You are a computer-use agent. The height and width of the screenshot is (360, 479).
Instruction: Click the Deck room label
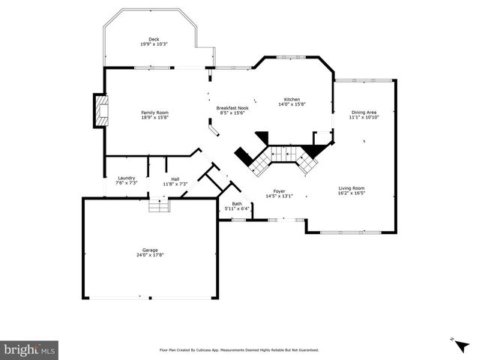pos(154,39)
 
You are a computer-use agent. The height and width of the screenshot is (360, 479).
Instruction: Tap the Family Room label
pos(155,112)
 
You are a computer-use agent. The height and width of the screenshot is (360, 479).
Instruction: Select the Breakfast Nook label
pos(232,108)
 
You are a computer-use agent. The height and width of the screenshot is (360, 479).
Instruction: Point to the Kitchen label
pos(292,100)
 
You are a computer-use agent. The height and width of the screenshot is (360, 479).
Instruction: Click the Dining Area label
pos(364,112)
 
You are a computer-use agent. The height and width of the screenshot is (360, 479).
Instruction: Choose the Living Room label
pos(351,188)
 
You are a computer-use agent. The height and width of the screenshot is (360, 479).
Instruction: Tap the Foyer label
pos(279,191)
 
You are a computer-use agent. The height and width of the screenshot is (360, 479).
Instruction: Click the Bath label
pos(237,203)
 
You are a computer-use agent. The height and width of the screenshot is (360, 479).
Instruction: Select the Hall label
pos(175,178)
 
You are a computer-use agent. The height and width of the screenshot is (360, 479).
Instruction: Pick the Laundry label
pos(126,178)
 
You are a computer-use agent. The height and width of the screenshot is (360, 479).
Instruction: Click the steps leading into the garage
pos(157,205)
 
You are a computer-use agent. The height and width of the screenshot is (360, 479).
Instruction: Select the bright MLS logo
pos(30,349)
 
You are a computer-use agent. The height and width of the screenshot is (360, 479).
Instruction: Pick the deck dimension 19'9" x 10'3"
pos(154,44)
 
